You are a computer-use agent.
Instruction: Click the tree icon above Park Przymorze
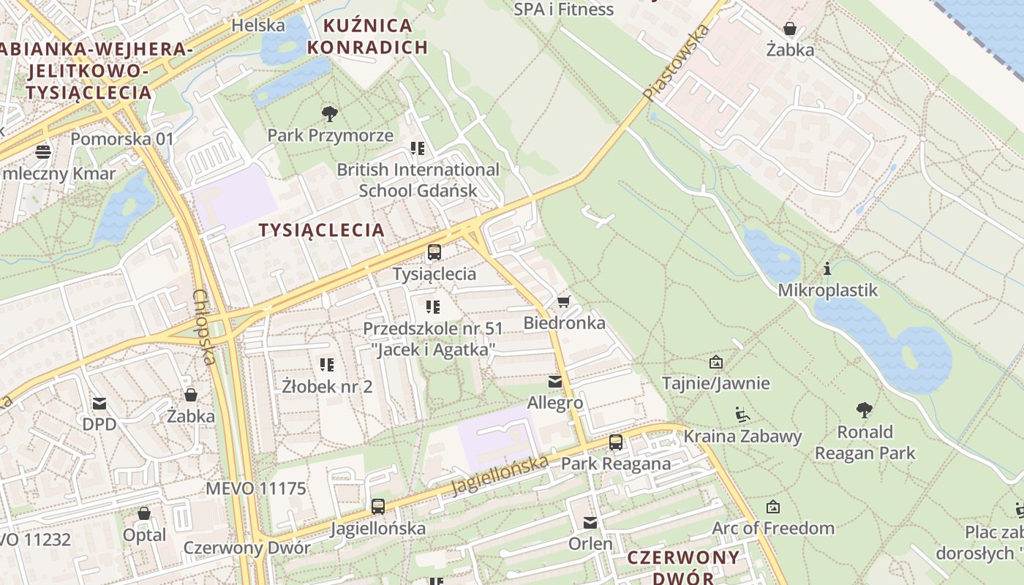(330, 113)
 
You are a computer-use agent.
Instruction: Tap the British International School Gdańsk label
(418, 180)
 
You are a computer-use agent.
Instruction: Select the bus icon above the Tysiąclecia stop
(434, 253)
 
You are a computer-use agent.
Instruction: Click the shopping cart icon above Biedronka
(563, 301)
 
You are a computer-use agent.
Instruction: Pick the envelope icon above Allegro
(555, 381)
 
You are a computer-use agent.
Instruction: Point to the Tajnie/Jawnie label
(715, 383)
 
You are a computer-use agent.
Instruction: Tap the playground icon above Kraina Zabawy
(742, 415)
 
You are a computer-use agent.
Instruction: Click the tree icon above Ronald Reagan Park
(865, 409)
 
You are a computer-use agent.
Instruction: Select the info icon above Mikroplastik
(827, 269)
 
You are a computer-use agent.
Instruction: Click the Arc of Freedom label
(773, 528)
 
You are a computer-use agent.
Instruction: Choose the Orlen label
(590, 544)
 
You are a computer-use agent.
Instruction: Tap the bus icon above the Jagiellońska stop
(377, 506)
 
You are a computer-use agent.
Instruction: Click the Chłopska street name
(204, 327)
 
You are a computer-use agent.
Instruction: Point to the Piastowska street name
(677, 62)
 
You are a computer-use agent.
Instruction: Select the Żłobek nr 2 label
(327, 386)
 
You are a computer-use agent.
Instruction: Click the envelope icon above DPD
(99, 403)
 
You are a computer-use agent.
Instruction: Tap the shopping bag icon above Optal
(144, 513)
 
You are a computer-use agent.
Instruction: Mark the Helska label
(258, 26)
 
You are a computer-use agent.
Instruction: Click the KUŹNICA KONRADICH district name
(367, 37)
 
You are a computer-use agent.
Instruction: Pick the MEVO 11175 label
(256, 488)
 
